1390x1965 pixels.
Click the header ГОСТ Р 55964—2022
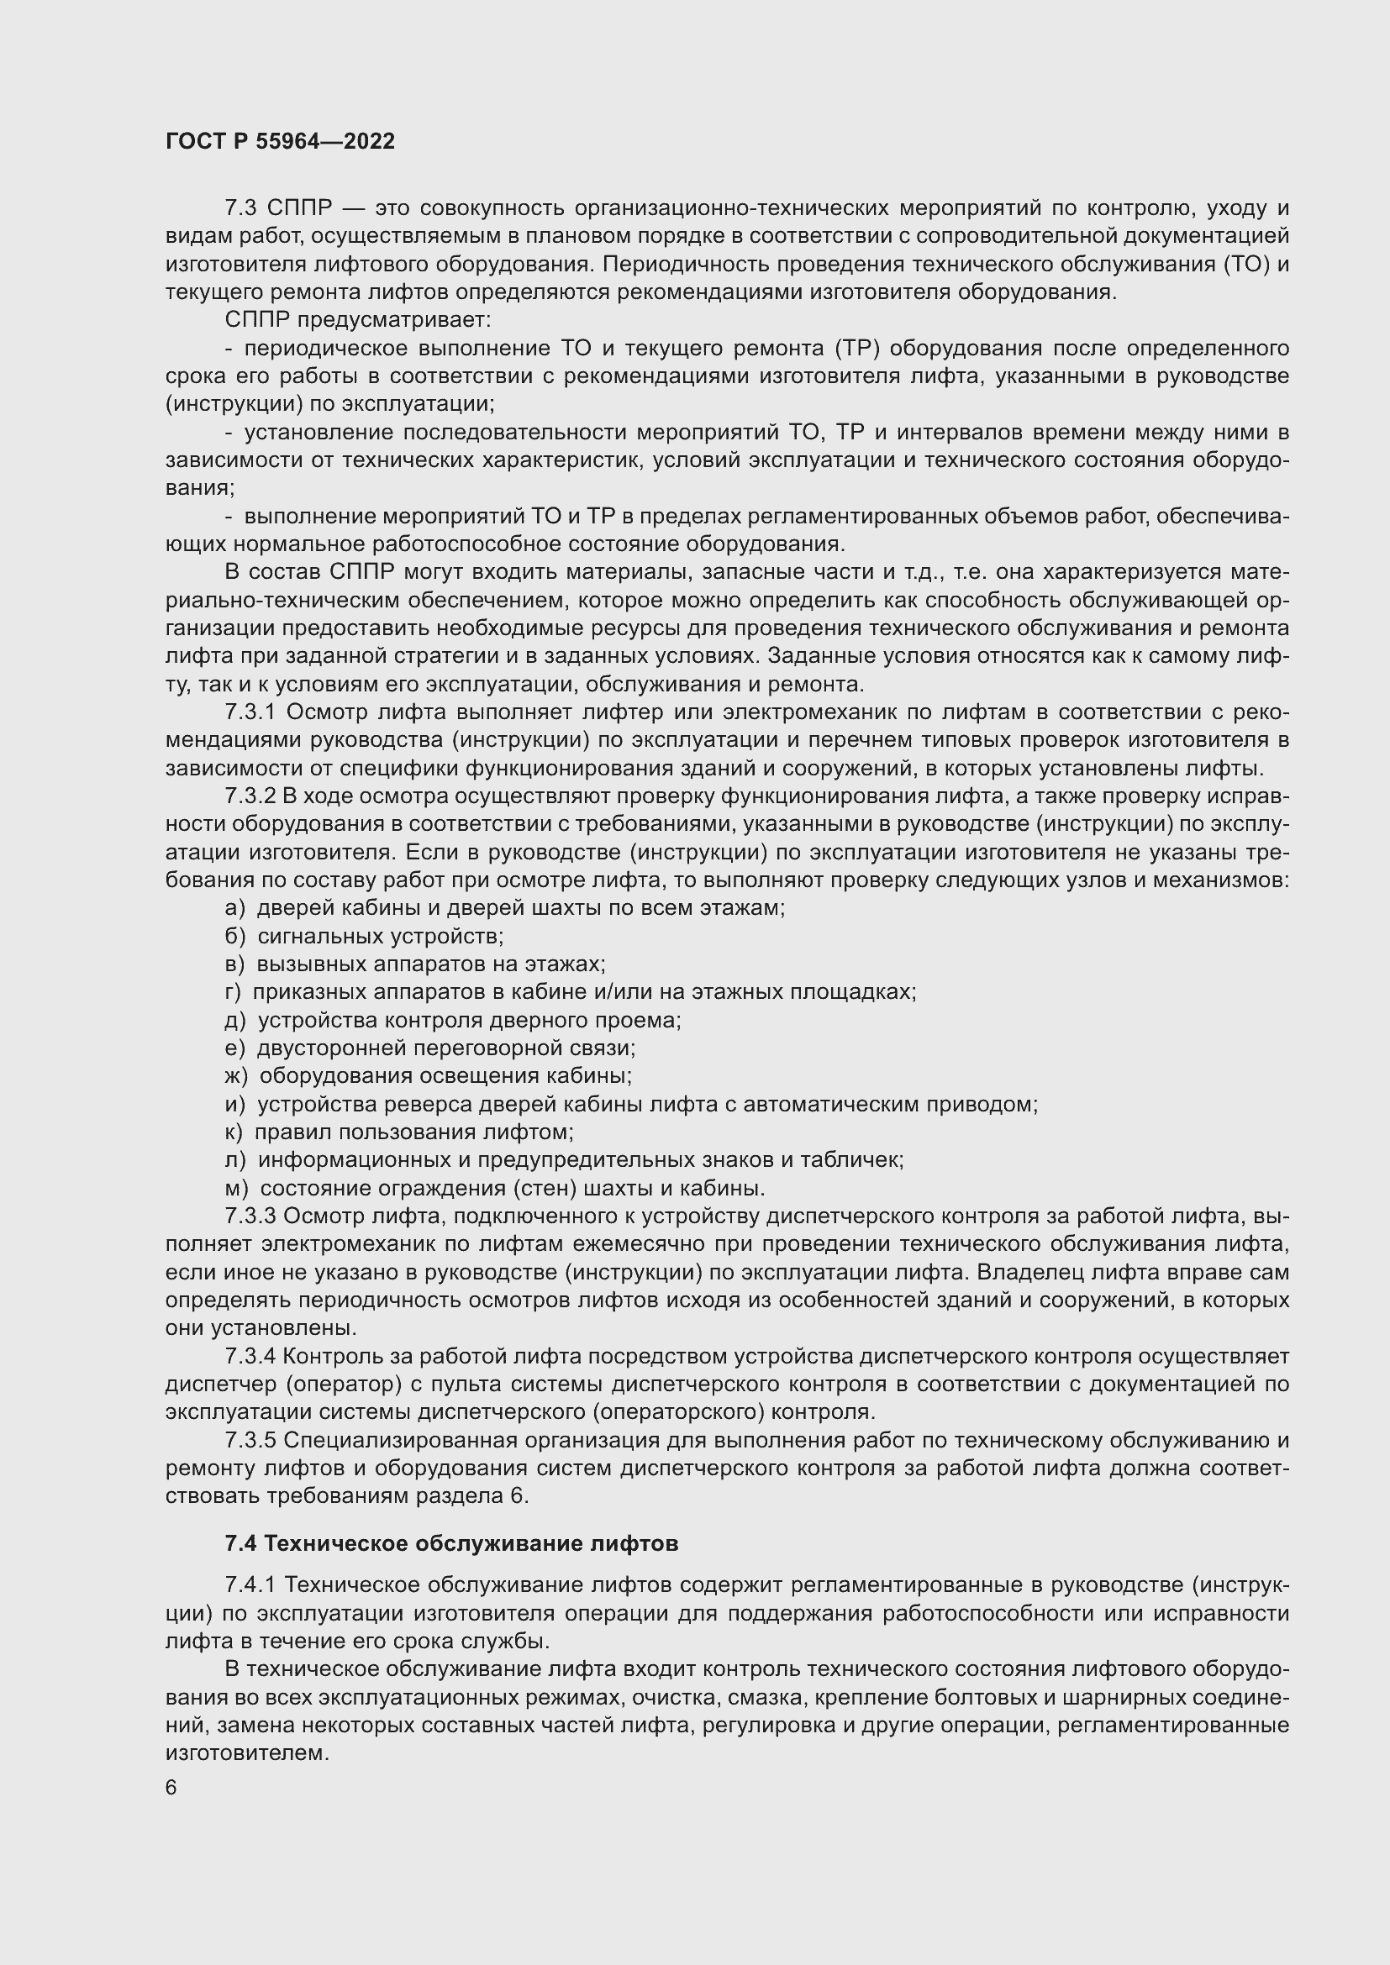[x=280, y=142]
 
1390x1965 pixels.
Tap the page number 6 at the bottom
[x=171, y=1788]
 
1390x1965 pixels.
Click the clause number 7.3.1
[x=251, y=712]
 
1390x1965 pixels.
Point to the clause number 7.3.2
[x=250, y=796]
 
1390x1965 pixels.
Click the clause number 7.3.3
[x=250, y=1216]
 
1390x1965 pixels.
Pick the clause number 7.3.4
[x=250, y=1357]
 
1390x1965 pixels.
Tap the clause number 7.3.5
[x=250, y=1441]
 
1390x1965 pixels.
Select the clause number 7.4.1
[x=250, y=1585]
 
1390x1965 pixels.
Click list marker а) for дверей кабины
[x=234, y=908]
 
